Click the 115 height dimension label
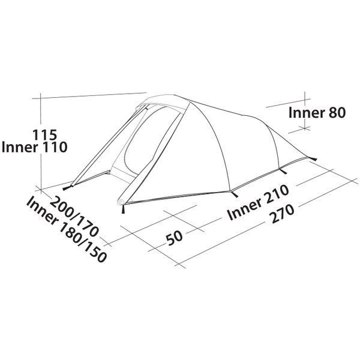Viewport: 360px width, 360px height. click(x=44, y=135)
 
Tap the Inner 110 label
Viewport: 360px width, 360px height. click(x=34, y=147)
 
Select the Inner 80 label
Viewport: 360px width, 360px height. click(x=317, y=113)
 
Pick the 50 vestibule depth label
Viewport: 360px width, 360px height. click(x=175, y=238)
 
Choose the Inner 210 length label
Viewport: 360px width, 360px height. click(x=258, y=202)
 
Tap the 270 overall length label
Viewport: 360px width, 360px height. click(x=282, y=214)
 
